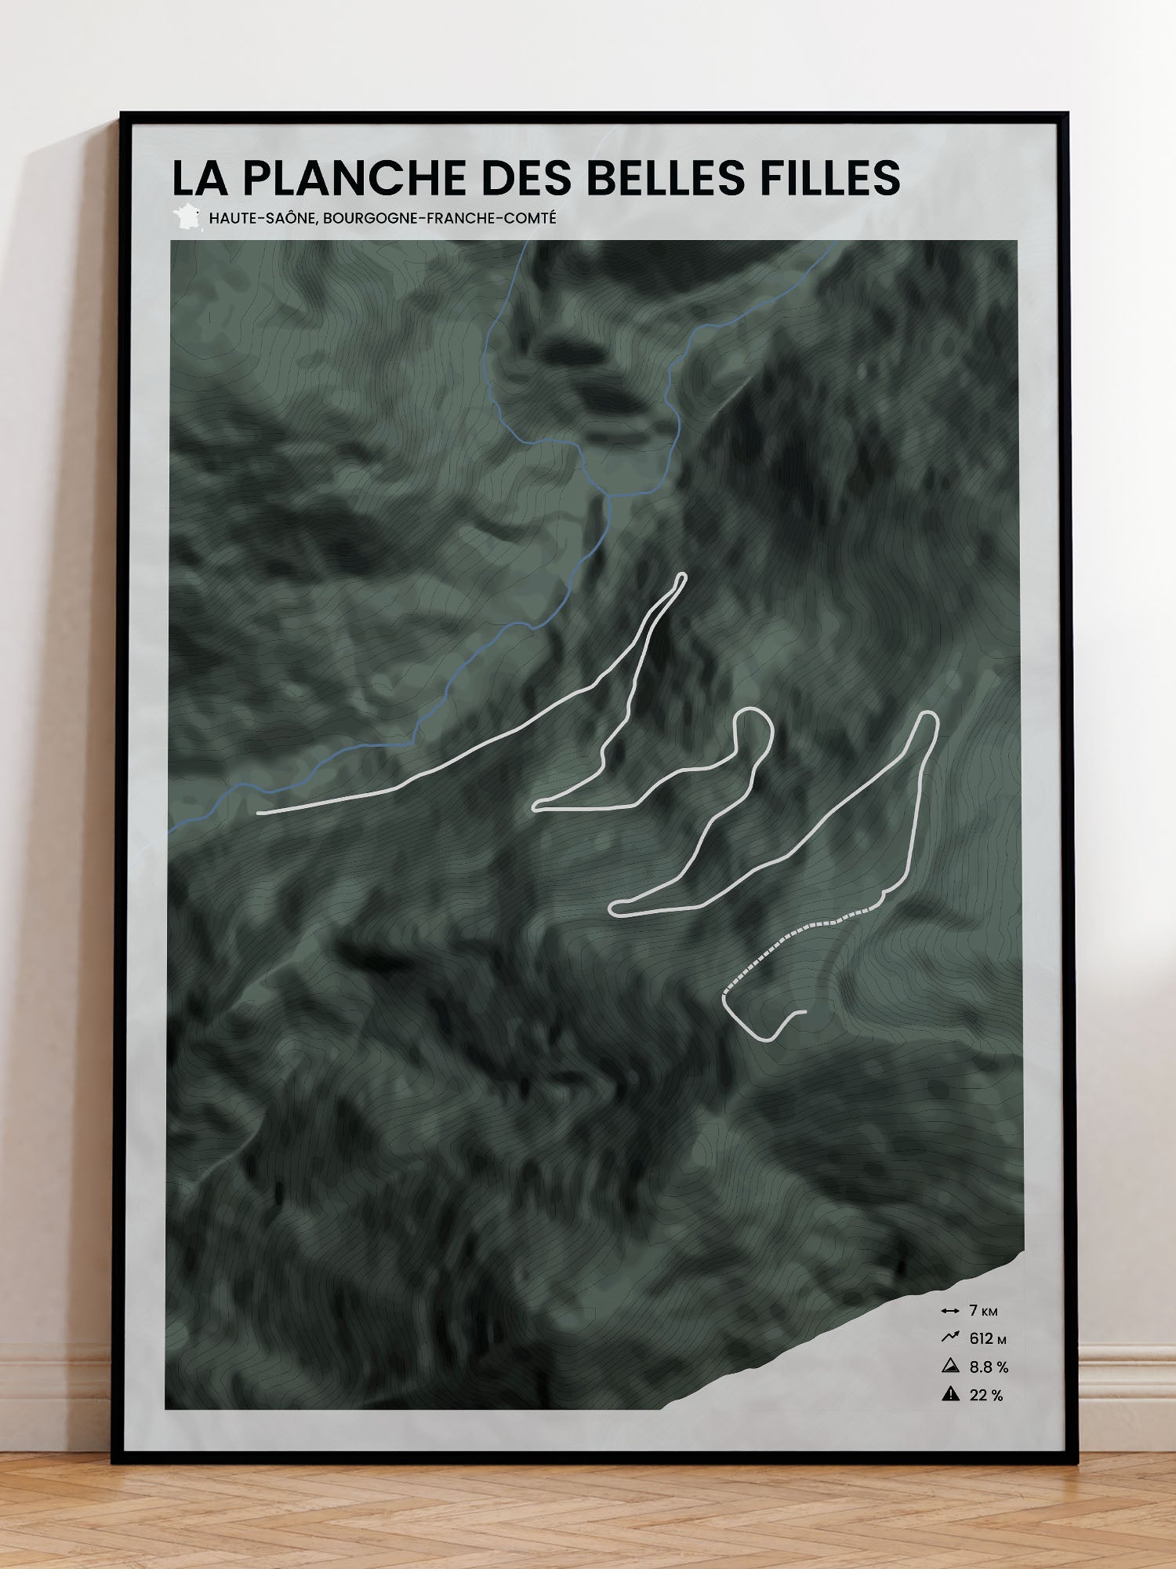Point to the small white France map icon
tap(187, 217)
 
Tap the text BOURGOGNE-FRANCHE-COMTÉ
tap(439, 218)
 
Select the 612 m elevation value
tap(986, 1338)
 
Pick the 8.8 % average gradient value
tap(989, 1367)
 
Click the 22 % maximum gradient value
tap(986, 1395)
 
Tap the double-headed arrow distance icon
tap(950, 1311)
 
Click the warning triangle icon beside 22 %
tap(950, 1394)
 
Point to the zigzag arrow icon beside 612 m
tap(950, 1338)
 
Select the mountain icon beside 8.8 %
tap(950, 1366)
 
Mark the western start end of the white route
tap(260, 813)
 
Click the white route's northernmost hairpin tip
tap(681, 577)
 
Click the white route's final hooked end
tap(804, 1012)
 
